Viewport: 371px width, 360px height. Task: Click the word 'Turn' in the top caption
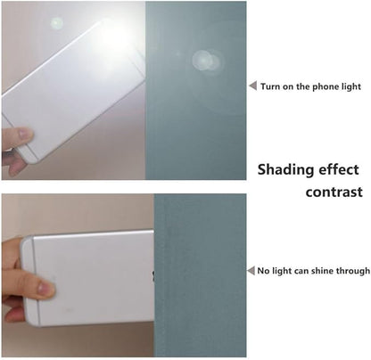coord(269,86)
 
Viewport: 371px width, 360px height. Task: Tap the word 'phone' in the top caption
coord(326,86)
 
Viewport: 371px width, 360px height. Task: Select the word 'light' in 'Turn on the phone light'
coord(350,86)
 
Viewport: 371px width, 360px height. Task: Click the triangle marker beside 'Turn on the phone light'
coord(253,86)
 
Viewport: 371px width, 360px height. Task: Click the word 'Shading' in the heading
coord(283,170)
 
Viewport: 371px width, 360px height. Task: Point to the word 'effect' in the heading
coord(334,169)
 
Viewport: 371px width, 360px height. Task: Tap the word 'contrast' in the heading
coord(334,192)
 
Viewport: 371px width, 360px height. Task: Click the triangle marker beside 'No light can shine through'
coord(251,271)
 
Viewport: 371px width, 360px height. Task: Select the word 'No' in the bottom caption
coord(263,271)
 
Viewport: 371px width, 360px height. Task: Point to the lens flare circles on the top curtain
coord(206,61)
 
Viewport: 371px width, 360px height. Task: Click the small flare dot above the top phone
coord(56,23)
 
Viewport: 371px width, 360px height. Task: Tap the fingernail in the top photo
coord(25,134)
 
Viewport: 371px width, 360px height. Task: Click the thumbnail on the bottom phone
coord(46,289)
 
